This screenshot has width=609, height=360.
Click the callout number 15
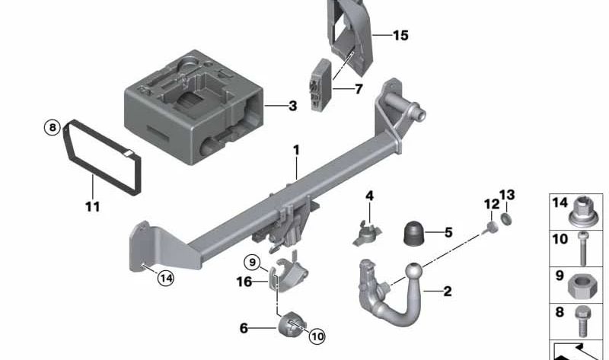pyautogui.click(x=400, y=35)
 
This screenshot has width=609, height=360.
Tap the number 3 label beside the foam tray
pyautogui.click(x=292, y=106)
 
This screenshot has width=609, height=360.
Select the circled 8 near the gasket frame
pyautogui.click(x=52, y=128)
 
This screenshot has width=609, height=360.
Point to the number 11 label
pyautogui.click(x=92, y=205)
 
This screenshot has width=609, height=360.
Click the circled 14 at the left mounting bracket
pyautogui.click(x=166, y=279)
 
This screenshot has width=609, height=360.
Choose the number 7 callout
pyautogui.click(x=359, y=89)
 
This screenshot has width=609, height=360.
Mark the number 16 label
pyautogui.click(x=243, y=282)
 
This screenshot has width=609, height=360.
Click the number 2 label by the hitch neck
pyautogui.click(x=447, y=290)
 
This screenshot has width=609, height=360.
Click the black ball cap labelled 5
pyautogui.click(x=414, y=232)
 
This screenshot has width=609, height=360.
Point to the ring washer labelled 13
pyautogui.click(x=507, y=220)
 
